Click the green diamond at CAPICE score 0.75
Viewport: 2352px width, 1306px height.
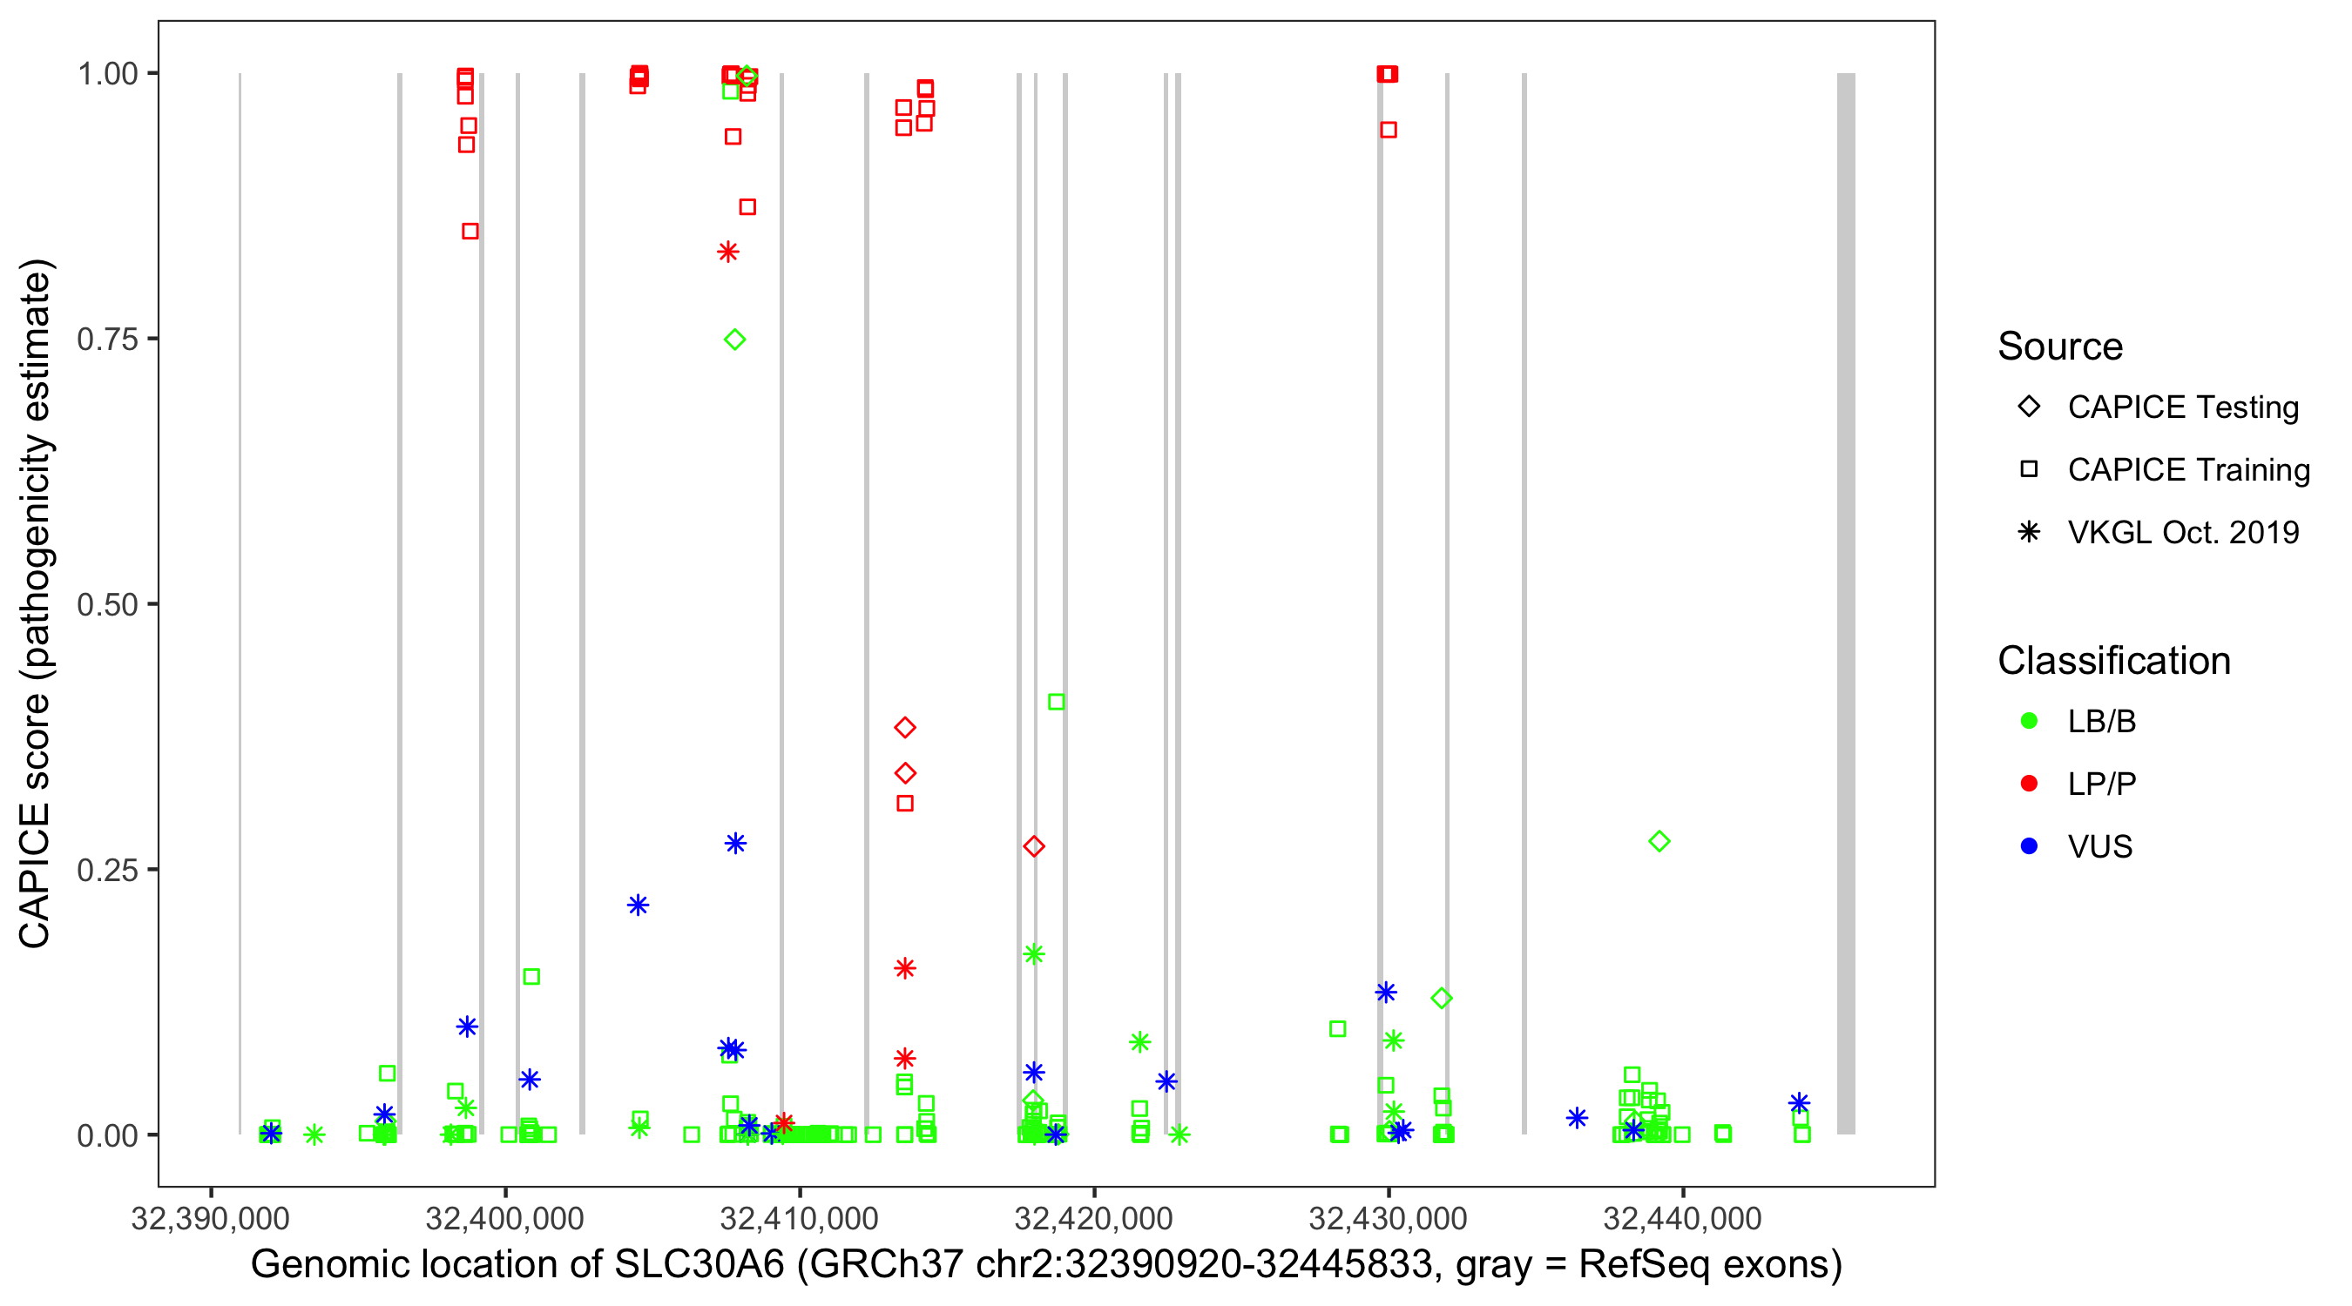click(x=735, y=340)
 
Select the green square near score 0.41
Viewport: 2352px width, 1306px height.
click(x=1057, y=702)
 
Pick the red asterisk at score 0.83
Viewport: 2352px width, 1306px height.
click(x=727, y=252)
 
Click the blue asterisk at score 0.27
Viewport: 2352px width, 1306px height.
click(x=736, y=844)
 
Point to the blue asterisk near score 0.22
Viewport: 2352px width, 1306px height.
click(x=639, y=905)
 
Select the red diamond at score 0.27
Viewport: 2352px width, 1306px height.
click(x=1033, y=847)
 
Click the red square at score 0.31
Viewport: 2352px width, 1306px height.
click(x=905, y=804)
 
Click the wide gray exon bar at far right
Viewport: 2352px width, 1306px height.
click(x=1846, y=603)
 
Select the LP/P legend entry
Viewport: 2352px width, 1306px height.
click(x=2101, y=784)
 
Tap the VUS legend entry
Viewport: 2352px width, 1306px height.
click(x=2099, y=847)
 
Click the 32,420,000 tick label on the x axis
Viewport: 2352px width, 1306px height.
click(x=1094, y=1218)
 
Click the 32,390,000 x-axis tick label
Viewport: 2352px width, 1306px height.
click(x=210, y=1218)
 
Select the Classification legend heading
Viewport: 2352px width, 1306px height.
click(x=2113, y=661)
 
